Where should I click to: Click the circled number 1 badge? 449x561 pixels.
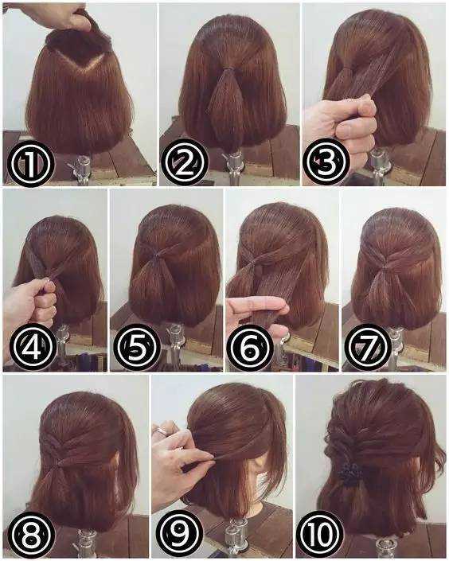(31, 163)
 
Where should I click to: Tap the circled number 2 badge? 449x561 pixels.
(185, 163)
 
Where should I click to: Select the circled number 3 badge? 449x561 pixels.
(326, 162)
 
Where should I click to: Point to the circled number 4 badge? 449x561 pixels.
(33, 347)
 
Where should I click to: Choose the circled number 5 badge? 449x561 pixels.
(137, 347)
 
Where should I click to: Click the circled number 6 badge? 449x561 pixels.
(250, 348)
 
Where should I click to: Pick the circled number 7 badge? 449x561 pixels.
(368, 347)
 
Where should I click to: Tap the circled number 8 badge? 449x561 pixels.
(32, 535)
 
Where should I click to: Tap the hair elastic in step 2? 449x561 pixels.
(229, 68)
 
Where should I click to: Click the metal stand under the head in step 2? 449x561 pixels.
(235, 166)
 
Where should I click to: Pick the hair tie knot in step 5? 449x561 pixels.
(156, 255)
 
